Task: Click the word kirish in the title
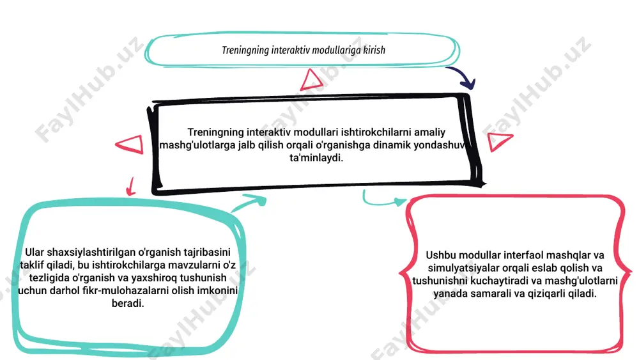point(374,50)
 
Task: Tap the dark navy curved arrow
point(465,74)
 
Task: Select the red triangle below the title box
point(312,80)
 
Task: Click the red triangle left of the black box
point(130,145)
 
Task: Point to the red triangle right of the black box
point(499,141)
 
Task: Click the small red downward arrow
point(131,186)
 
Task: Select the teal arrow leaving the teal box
point(249,203)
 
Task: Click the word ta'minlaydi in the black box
point(316,158)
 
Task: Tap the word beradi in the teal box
point(128,303)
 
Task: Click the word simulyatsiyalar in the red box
point(462,269)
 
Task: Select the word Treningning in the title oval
point(245,51)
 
